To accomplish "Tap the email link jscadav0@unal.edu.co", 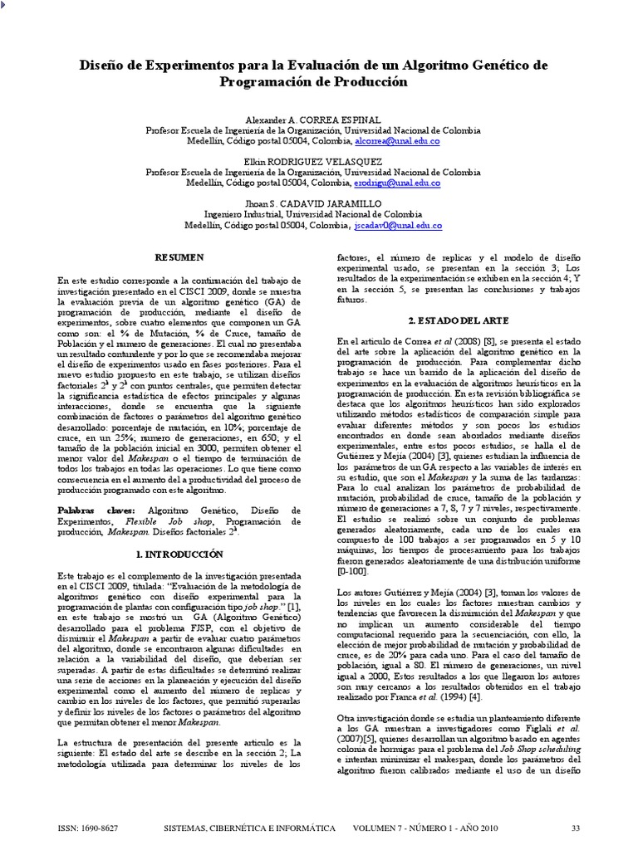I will click(397, 225).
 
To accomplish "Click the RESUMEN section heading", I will click(180, 258).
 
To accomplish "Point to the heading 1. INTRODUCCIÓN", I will click(179, 552).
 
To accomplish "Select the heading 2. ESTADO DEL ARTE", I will click(458, 320).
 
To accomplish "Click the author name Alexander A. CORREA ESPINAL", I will click(313, 120).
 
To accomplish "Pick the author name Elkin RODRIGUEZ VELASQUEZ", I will click(313, 161).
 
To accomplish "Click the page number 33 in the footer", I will click(575, 828).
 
